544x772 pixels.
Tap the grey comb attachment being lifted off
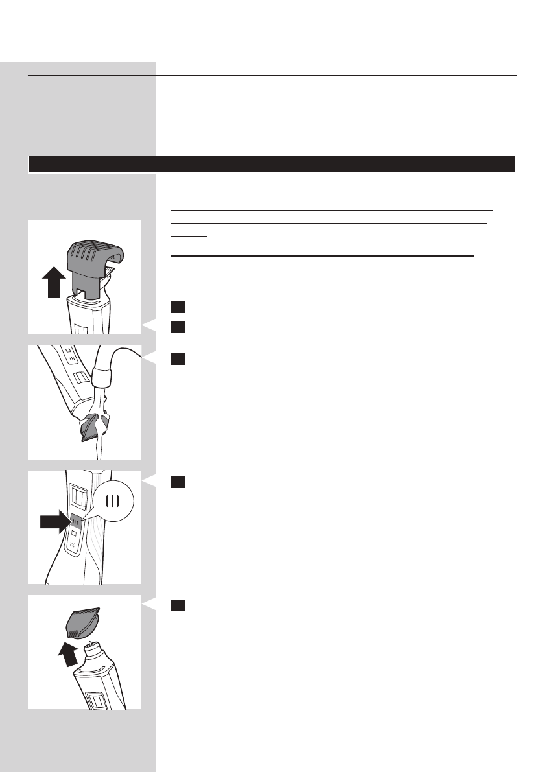click(90, 266)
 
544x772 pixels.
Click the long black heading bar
click(272, 164)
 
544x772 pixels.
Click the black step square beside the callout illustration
click(178, 482)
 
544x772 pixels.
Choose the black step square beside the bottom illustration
click(178, 605)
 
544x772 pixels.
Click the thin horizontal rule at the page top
click(272, 75)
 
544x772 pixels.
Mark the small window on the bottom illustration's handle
click(95, 701)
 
